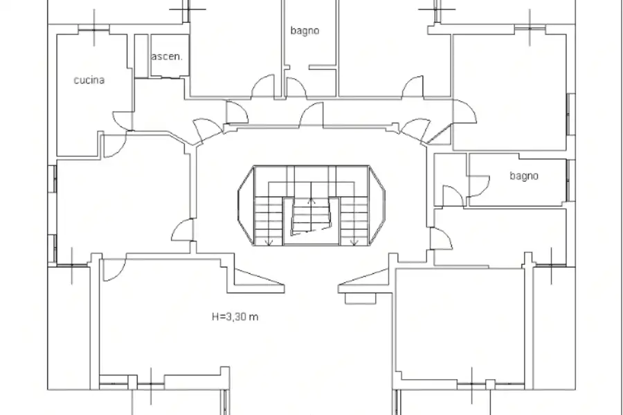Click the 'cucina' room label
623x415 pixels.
[89, 80]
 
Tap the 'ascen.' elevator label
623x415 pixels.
[166, 57]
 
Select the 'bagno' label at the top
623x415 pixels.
[305, 30]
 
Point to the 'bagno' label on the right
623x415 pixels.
[524, 176]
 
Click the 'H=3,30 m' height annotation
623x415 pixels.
[235, 317]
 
